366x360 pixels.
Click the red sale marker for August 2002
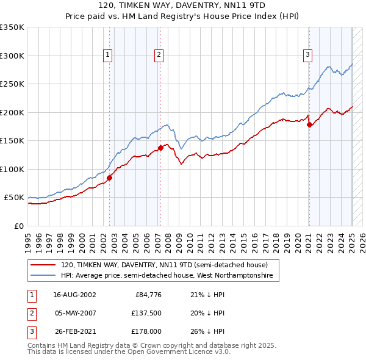click(x=110, y=178)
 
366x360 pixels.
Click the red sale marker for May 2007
click(x=160, y=148)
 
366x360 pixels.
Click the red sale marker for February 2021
click(x=309, y=124)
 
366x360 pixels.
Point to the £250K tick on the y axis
click(x=12, y=84)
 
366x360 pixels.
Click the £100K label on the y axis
click(x=12, y=169)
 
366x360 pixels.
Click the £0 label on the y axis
click(x=18, y=226)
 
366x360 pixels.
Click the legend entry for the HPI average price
click(x=170, y=276)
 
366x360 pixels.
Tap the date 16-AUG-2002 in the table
click(x=74, y=295)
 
